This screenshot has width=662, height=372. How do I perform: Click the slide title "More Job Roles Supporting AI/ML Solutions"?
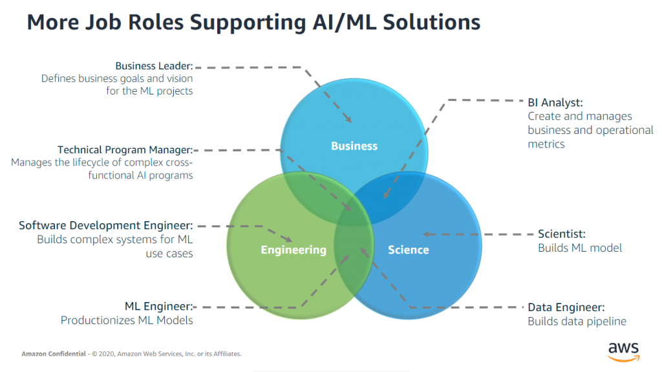coord(253,22)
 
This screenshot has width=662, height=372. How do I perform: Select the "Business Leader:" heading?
coord(155,66)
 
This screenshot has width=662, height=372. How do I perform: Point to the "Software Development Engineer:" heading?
coord(106,226)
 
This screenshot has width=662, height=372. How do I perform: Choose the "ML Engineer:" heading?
coord(158,307)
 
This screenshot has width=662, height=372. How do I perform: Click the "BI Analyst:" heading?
coord(555,102)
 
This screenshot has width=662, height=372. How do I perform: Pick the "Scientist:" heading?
coord(562,234)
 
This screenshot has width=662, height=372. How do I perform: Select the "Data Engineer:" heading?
coord(566,307)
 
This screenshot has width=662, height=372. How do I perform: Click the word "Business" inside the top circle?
coord(354,146)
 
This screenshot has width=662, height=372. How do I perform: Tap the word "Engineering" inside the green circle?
coord(294,250)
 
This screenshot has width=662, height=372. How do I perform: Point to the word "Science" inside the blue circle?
coord(408,250)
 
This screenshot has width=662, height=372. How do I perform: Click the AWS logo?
coord(623,350)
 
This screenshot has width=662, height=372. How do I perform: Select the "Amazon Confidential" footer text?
coord(52,354)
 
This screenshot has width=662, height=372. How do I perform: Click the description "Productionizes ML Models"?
coord(127,320)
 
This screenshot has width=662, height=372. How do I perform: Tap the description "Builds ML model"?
coord(580,248)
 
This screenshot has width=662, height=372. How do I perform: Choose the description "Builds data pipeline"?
coord(577,322)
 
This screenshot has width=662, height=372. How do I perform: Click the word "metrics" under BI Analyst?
coord(546,144)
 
